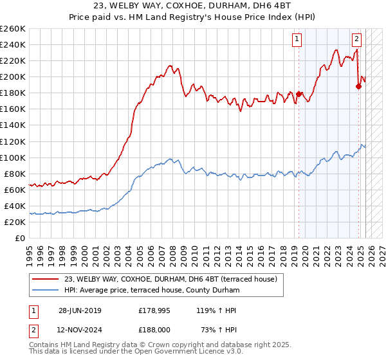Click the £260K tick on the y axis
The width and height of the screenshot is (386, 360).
point(13,29)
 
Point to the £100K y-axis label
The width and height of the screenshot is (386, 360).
point(13,157)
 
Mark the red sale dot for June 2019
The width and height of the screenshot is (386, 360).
point(299,94)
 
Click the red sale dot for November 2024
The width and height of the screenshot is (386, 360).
point(359,87)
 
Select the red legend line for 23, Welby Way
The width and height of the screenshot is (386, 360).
point(46,279)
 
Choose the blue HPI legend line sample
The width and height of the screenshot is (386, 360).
point(46,291)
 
